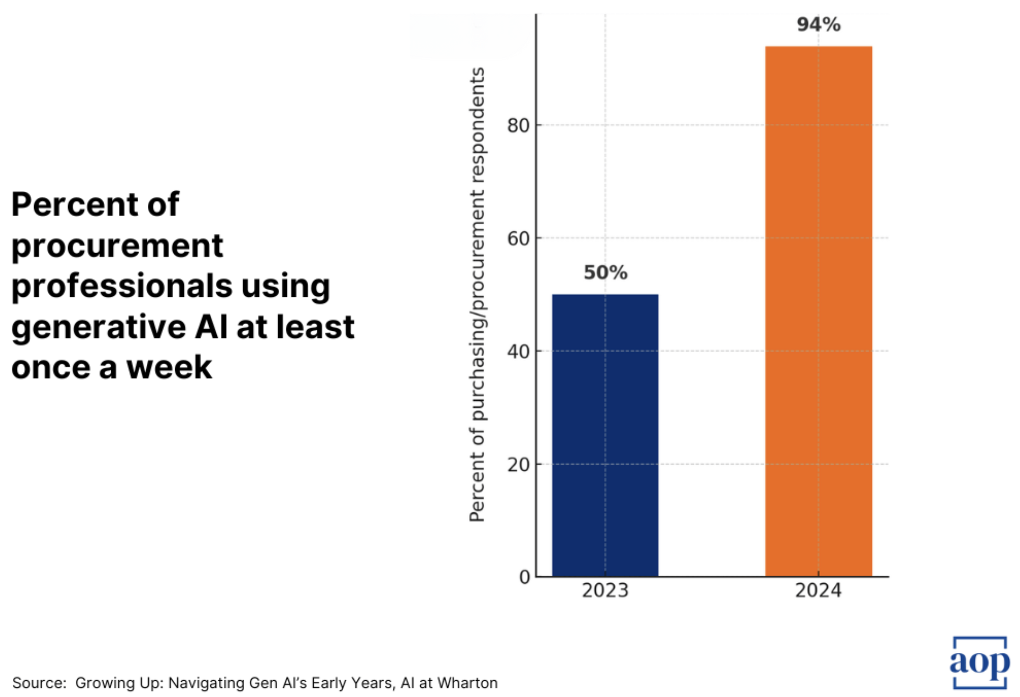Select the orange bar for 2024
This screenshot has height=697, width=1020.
[818, 312]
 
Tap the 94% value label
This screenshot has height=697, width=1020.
[818, 24]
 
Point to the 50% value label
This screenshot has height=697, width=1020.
[605, 272]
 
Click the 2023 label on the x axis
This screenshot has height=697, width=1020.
[605, 591]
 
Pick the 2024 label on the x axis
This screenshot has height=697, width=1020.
[818, 591]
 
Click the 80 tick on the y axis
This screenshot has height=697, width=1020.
[518, 126]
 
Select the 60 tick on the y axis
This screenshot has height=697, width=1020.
[518, 238]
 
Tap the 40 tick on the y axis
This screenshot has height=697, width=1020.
[518, 351]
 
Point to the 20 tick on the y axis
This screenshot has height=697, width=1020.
[518, 464]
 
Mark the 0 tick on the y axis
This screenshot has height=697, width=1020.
[524, 577]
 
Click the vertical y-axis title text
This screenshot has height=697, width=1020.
[477, 294]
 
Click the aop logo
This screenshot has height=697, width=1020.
[979, 662]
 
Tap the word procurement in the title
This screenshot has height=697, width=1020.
[117, 246]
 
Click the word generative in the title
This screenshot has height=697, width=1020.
[99, 327]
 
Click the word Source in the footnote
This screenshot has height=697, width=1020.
[39, 683]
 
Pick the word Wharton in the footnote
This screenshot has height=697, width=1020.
[468, 683]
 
